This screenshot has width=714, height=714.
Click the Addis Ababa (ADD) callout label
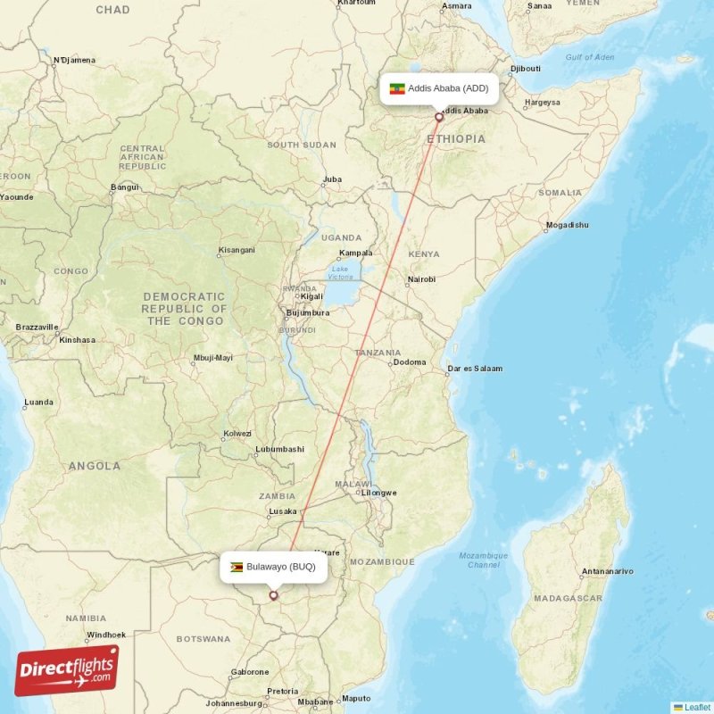(x=438, y=88)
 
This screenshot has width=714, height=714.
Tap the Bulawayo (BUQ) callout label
(x=274, y=566)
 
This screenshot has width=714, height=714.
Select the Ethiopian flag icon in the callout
(x=397, y=88)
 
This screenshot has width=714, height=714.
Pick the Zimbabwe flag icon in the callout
(x=237, y=566)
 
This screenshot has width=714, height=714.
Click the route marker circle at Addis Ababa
(x=438, y=117)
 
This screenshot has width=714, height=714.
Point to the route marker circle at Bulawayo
(x=274, y=595)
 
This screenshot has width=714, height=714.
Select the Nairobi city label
(x=420, y=279)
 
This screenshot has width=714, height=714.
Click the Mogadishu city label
(x=567, y=225)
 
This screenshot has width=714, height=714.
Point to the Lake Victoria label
(x=340, y=272)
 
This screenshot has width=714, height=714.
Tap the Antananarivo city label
(x=607, y=570)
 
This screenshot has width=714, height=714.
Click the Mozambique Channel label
(x=484, y=560)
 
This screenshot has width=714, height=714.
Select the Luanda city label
(x=38, y=402)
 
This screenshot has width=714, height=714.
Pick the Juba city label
(x=332, y=179)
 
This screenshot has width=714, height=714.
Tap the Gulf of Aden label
(x=590, y=58)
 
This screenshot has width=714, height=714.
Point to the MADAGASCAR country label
(x=569, y=598)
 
